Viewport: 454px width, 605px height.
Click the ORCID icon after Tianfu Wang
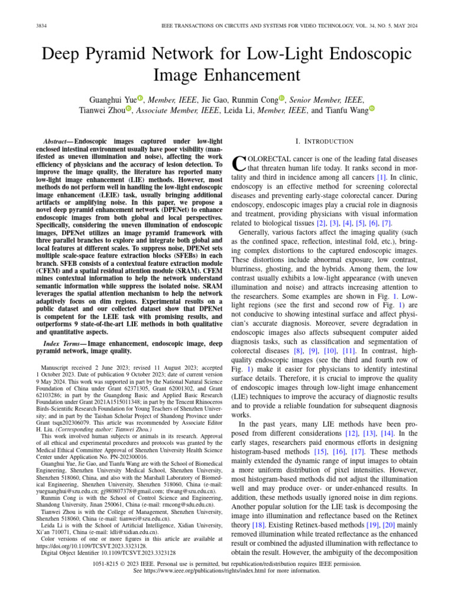(372, 109)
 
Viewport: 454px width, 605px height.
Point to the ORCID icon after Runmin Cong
(281, 98)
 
